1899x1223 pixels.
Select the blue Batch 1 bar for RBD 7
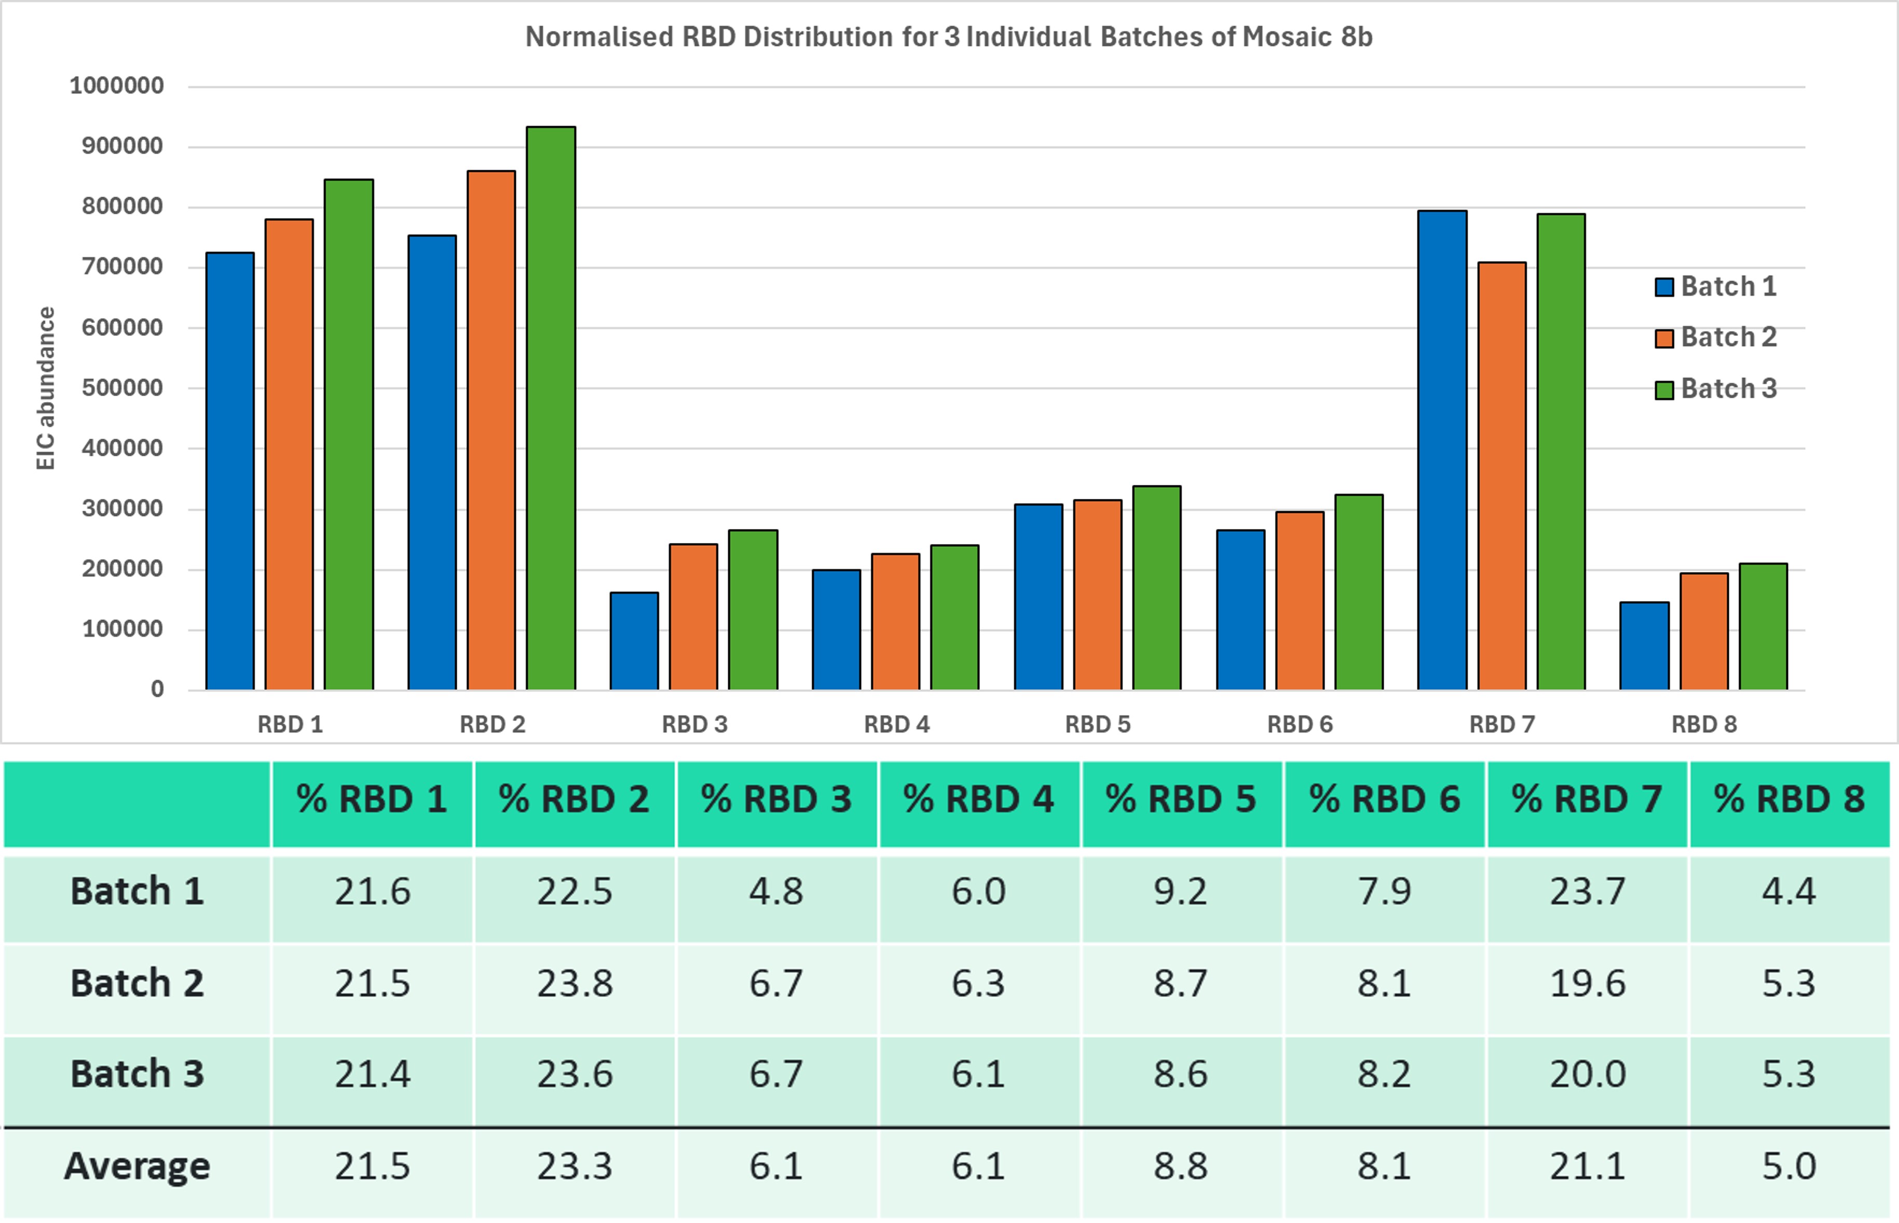[1442, 450]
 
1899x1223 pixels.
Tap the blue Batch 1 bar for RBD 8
[1644, 646]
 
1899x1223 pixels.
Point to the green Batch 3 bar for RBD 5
[1157, 588]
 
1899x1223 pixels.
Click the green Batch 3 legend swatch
[1664, 390]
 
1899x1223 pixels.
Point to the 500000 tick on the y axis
[122, 388]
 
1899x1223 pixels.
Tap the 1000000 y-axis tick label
[117, 86]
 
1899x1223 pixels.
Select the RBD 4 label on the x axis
[896, 724]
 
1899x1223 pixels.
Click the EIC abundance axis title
[46, 388]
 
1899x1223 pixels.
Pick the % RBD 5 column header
[1181, 799]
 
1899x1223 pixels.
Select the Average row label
[138, 1166]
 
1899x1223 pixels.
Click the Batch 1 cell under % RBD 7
[1587, 891]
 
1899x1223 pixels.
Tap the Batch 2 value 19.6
[1587, 983]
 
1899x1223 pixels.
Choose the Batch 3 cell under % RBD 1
[372, 1073]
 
